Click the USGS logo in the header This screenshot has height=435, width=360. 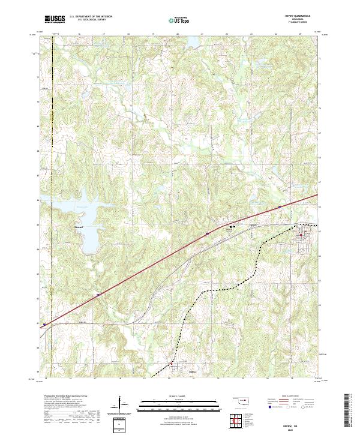click(55, 19)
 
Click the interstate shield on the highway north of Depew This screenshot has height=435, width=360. click(279, 207)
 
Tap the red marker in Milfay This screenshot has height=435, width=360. click(171, 364)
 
